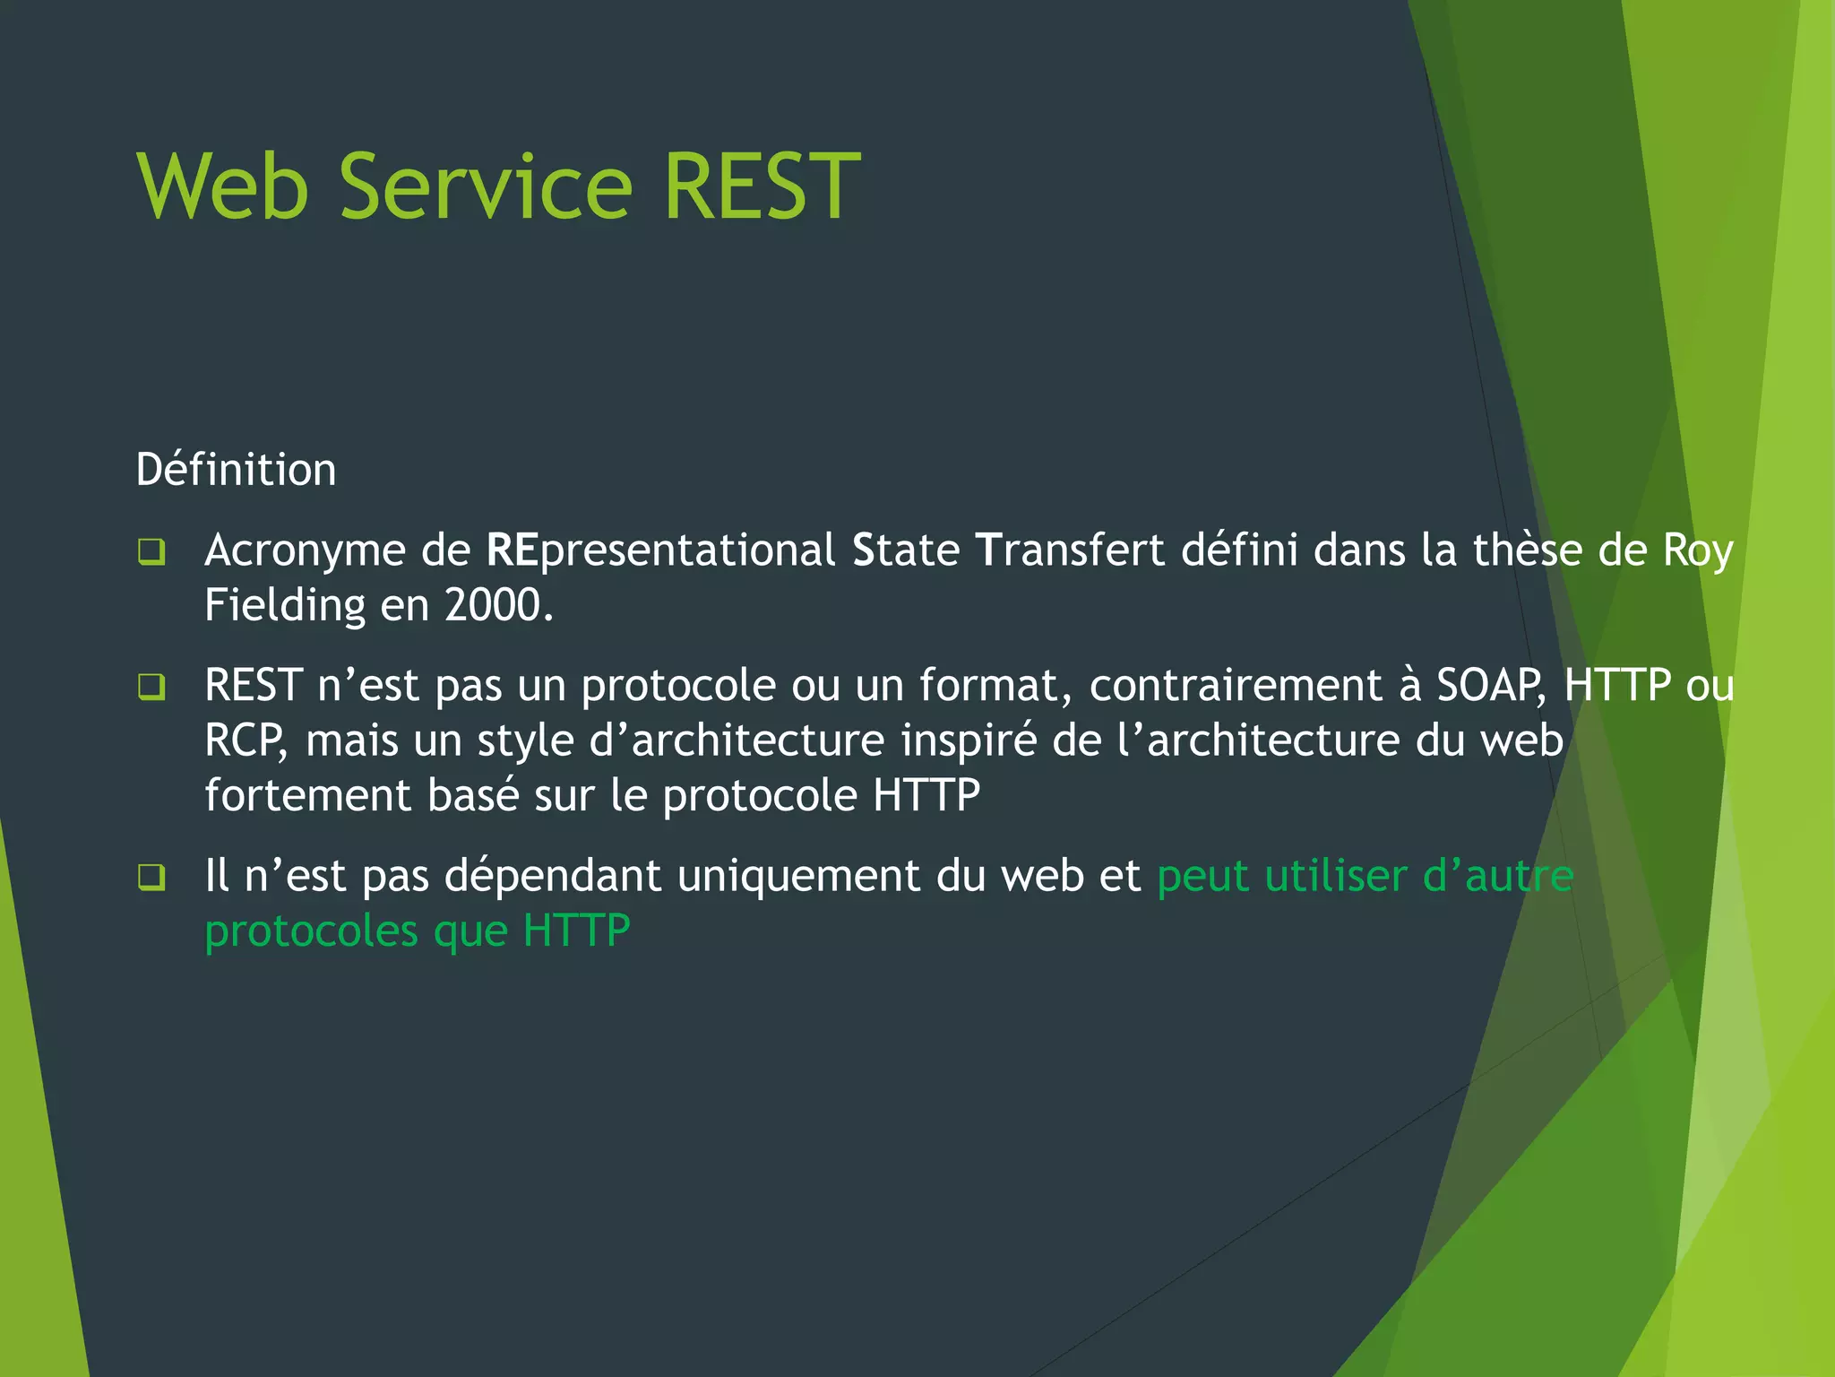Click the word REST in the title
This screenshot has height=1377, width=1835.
(762, 186)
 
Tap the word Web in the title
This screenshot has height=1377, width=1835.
(223, 186)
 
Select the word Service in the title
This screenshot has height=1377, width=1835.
(487, 186)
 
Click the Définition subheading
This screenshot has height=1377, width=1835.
(236, 470)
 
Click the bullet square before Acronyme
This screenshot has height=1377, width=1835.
(151, 551)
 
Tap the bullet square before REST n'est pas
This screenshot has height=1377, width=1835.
(151, 688)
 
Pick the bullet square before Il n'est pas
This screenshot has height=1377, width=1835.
(151, 878)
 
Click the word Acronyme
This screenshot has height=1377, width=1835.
(305, 551)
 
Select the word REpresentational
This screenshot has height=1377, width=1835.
(660, 550)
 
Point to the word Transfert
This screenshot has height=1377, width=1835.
(1069, 550)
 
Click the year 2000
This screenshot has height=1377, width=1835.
(498, 605)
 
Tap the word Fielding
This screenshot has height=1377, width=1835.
(284, 605)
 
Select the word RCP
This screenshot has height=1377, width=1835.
(245, 741)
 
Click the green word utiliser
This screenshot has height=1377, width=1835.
(1336, 876)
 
